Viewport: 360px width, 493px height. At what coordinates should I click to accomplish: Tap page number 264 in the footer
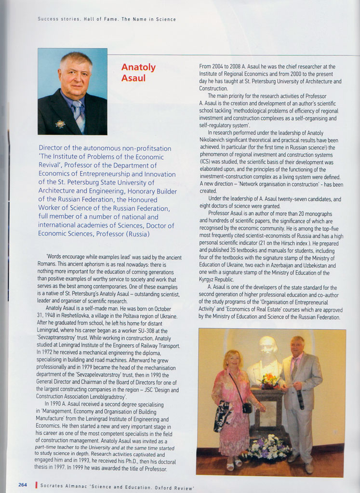23,484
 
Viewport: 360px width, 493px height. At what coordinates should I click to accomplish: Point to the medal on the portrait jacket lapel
60,124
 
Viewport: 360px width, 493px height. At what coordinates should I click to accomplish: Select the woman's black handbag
247,408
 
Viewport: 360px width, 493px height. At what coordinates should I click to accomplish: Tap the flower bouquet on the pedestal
270,380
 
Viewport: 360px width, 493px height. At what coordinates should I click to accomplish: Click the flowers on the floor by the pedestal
267,447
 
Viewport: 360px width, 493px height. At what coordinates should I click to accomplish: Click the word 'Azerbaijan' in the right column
270,266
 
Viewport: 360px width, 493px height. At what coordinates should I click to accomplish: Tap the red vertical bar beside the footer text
36,485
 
